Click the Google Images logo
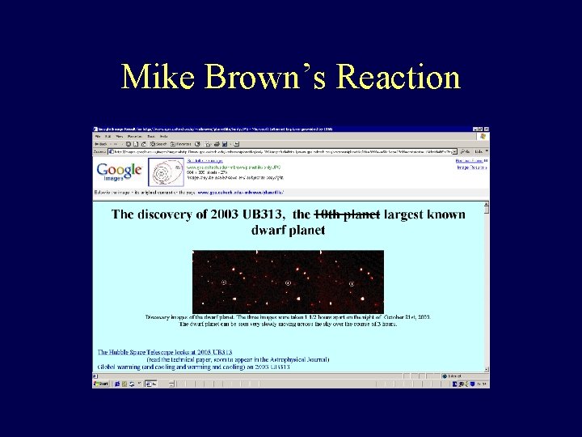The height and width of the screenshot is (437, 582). [118, 172]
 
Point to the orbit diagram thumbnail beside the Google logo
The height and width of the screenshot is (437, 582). [166, 172]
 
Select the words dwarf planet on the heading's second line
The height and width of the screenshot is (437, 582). [289, 230]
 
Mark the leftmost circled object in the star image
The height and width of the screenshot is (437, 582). [224, 282]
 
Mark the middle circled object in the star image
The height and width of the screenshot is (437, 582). [289, 282]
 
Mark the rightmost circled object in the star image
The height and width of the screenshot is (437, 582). [352, 282]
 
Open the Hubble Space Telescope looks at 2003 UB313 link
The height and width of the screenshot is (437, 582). [165, 352]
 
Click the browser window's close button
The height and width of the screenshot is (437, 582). [486, 129]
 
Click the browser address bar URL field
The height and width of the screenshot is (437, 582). [283, 151]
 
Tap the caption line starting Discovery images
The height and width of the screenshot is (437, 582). [288, 316]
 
